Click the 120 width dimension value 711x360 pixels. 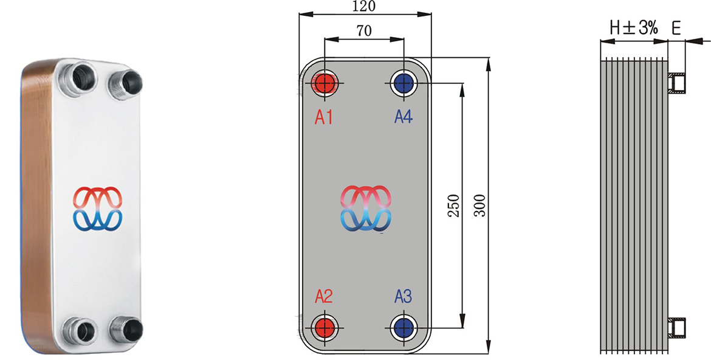point(364,6)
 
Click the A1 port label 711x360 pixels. point(324,117)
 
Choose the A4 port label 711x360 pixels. point(403,117)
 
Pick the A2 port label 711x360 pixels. point(324,297)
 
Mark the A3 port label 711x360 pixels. point(403,297)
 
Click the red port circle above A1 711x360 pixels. point(325,83)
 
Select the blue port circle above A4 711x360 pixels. point(404,83)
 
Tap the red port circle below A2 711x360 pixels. point(325,327)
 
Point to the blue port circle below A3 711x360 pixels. point(404,327)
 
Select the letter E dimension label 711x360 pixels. point(676,27)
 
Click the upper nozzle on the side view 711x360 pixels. point(677,83)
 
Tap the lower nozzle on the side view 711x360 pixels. point(677,328)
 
